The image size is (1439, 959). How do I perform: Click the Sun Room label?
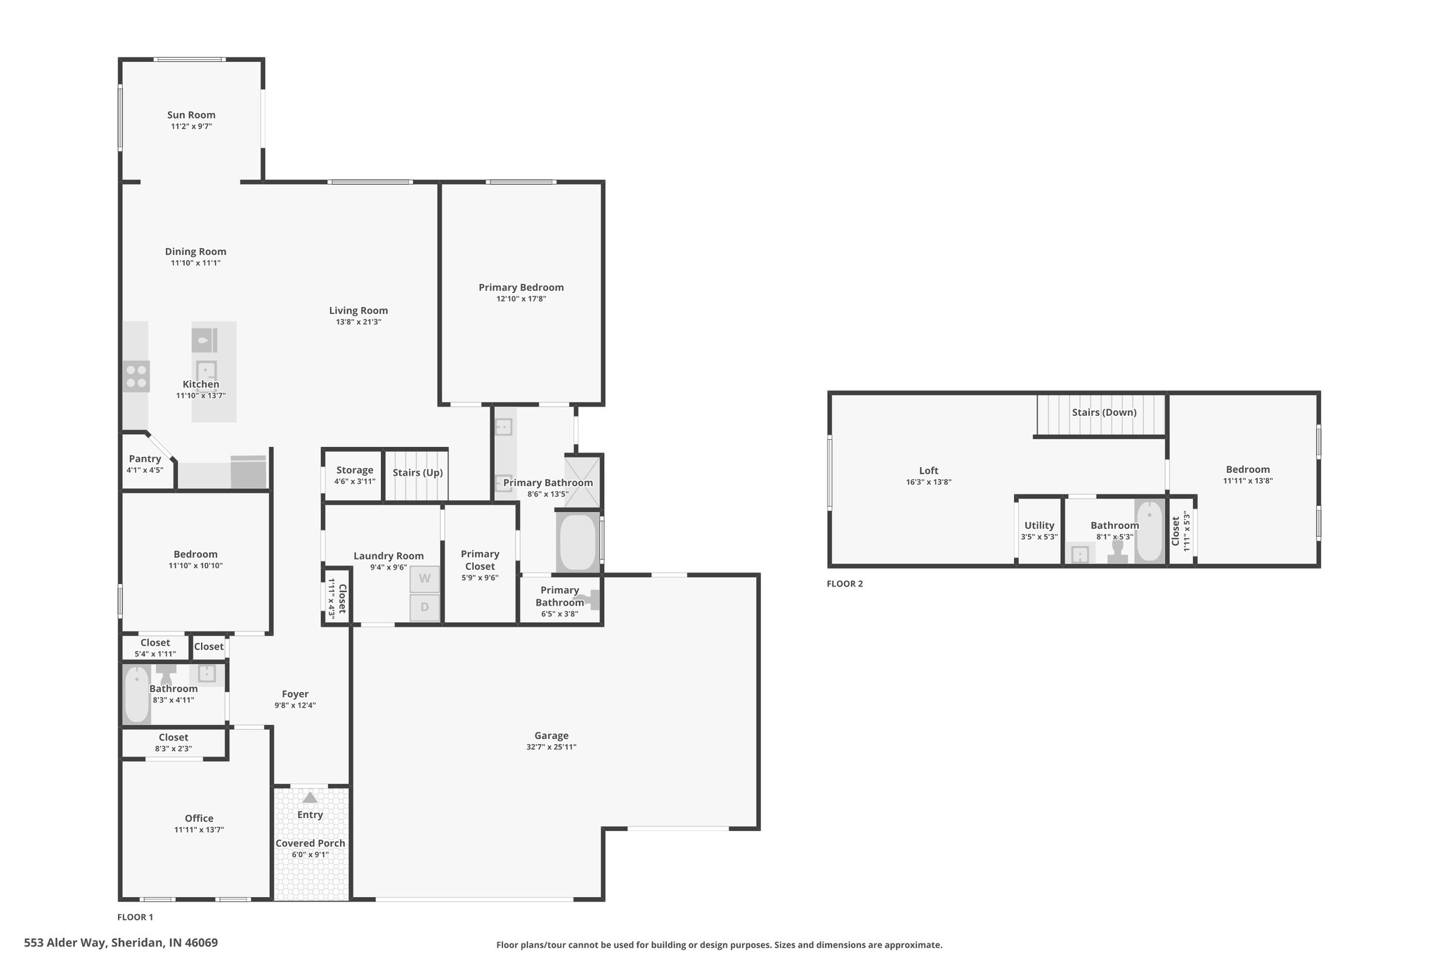coord(191,115)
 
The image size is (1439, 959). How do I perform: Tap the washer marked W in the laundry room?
coord(424,579)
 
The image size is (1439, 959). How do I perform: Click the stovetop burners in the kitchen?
coord(136,376)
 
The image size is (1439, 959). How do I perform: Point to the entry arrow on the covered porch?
coord(310,797)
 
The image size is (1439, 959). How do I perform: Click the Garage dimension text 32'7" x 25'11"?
coord(551,747)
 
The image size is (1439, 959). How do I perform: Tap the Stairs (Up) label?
coord(417,473)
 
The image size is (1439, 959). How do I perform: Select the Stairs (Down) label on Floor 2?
coord(1104,412)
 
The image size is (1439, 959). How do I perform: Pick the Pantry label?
coord(145,459)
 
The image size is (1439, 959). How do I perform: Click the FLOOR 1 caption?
coord(135,917)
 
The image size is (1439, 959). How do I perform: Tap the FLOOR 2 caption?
coord(845,584)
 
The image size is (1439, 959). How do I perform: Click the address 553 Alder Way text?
coord(66,943)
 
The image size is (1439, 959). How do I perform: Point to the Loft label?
coord(928,471)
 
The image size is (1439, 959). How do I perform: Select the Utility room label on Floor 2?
coord(1039,526)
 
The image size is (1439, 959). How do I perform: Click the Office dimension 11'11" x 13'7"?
coord(199,830)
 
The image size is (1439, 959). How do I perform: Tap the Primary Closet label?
coord(480,560)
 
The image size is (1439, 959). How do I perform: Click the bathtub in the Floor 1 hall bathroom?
coord(137,695)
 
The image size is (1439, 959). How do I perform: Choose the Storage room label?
coord(355,471)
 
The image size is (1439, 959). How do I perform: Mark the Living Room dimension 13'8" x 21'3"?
coord(358,322)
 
